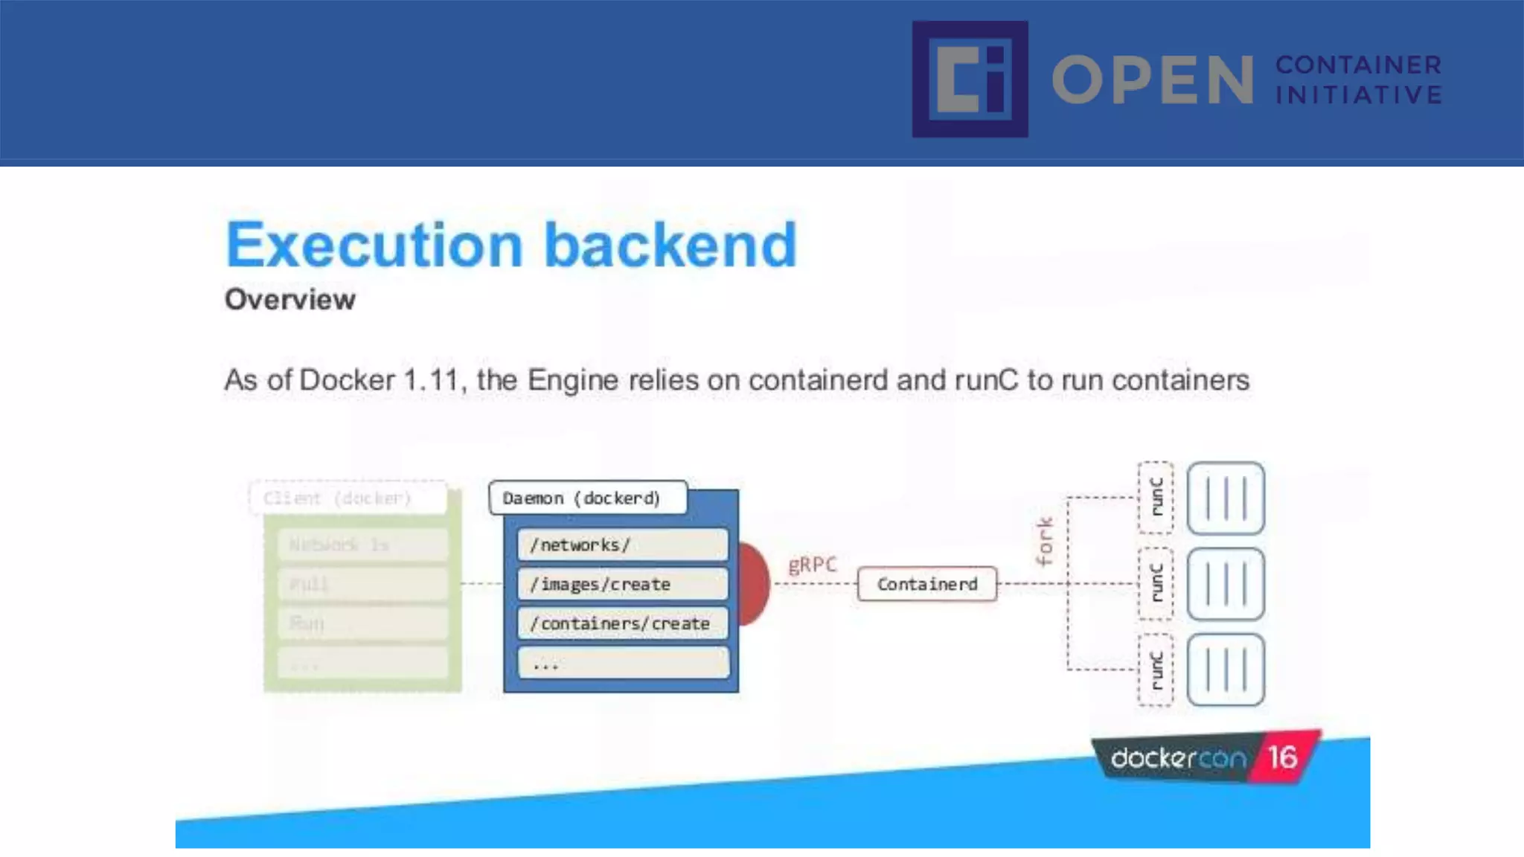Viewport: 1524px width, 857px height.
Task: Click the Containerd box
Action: point(926,584)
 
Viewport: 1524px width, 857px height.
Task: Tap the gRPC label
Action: point(812,565)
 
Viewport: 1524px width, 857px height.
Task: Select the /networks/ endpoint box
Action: point(622,545)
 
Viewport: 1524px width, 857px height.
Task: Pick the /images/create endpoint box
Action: point(622,584)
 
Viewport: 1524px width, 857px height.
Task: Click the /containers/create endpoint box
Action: point(622,623)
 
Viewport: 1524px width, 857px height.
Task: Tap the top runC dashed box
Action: point(1156,498)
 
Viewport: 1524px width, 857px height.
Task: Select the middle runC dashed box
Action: point(1156,584)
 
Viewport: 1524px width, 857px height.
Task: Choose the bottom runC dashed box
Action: point(1156,670)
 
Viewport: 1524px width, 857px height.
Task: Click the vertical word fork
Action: point(1045,541)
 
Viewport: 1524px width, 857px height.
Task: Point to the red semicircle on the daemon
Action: point(753,584)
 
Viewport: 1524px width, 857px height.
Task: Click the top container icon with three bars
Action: point(1226,498)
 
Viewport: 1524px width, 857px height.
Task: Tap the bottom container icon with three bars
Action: point(1226,670)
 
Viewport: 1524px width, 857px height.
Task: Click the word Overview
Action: point(290,300)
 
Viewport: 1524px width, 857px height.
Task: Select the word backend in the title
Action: point(670,245)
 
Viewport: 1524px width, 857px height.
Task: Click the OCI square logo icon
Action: point(970,79)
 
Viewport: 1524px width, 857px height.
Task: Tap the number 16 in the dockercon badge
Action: point(1282,757)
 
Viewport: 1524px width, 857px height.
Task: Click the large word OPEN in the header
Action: point(1152,80)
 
